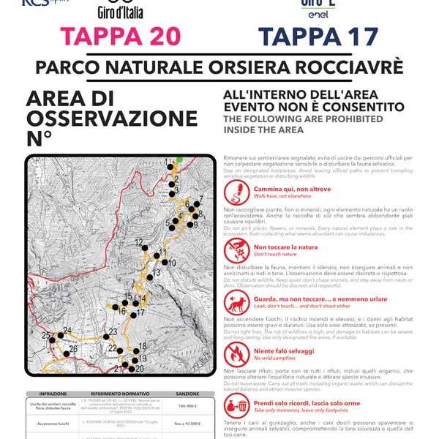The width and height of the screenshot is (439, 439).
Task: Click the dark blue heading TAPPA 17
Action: click(319, 37)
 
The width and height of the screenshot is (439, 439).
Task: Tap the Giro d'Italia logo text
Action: click(120, 12)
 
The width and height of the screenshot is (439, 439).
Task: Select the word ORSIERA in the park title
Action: click(267, 68)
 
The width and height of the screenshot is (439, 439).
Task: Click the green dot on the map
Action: click(179, 158)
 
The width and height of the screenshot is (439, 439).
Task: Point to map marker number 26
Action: click(66, 349)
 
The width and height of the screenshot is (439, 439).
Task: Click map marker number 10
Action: click(164, 262)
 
